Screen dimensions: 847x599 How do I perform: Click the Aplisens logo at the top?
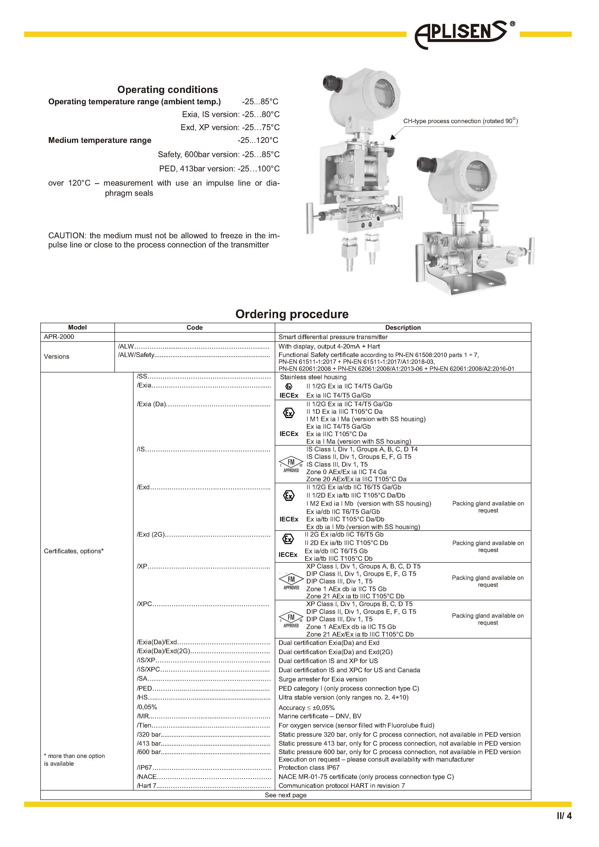coord(463,34)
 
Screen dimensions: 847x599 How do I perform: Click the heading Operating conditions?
coord(168,90)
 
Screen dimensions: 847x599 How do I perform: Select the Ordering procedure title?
coord(292,314)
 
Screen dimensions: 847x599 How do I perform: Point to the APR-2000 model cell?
coord(59,337)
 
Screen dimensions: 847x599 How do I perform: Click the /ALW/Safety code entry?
coord(136,355)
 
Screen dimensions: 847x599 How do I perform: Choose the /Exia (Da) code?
coord(151,404)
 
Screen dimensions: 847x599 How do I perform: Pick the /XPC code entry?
coord(144,604)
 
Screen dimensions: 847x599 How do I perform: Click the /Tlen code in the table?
coord(144,725)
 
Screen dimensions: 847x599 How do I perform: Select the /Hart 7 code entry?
coord(147,786)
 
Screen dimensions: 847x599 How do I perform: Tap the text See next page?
coord(285,795)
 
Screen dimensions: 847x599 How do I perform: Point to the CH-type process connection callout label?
coord(460,121)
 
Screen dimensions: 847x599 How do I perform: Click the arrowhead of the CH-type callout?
coord(392,138)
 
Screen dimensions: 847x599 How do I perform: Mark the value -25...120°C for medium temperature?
coord(258,140)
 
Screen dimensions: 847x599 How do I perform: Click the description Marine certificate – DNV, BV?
coord(320,716)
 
